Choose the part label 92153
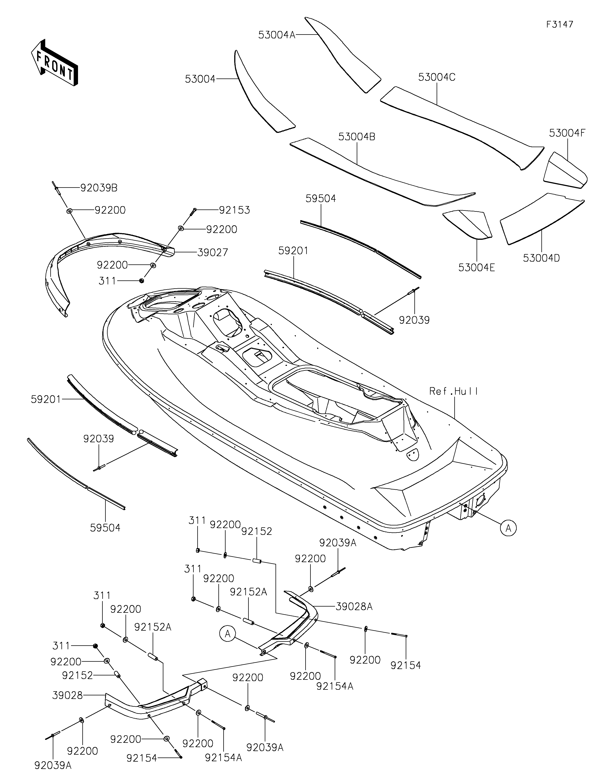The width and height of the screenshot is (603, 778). [x=234, y=210]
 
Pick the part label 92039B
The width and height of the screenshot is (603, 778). [x=99, y=188]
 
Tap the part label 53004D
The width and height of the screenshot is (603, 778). [x=541, y=258]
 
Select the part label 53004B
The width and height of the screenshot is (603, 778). [x=357, y=137]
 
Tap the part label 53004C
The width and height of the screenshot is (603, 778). [x=437, y=77]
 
